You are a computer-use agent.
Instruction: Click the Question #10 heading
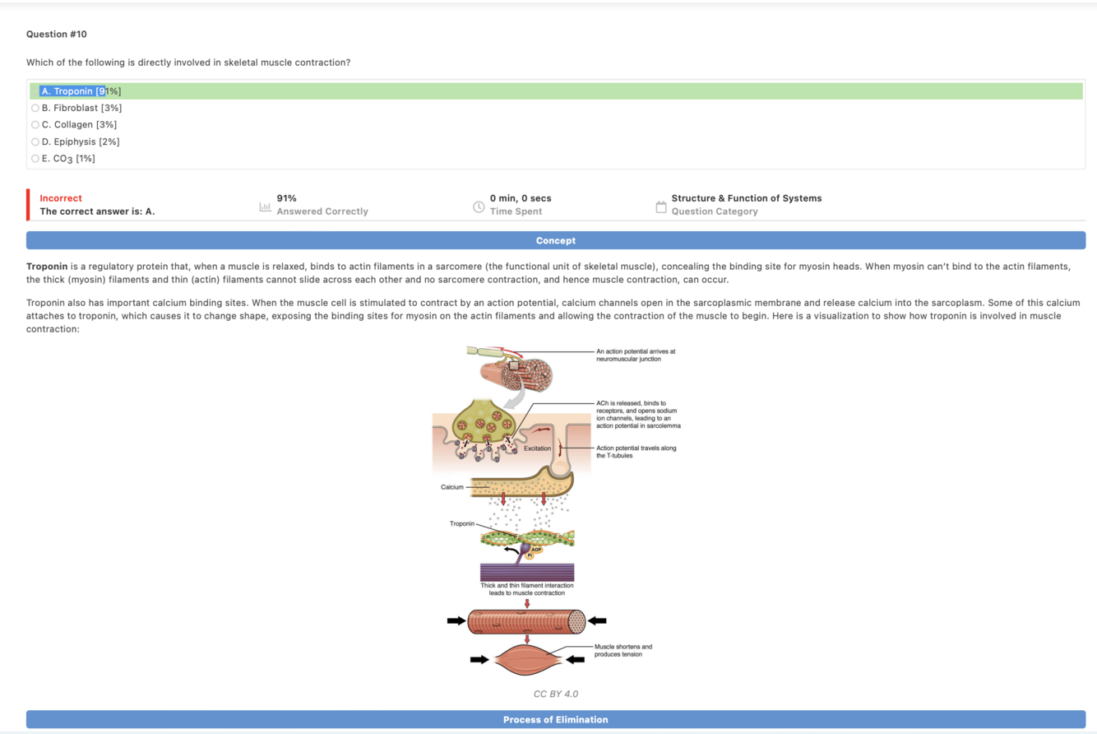(56, 34)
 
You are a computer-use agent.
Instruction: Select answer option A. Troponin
(81, 91)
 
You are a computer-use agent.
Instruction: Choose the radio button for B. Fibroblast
(35, 108)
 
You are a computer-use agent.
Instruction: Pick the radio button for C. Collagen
(35, 125)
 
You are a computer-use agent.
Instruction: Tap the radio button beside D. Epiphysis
(35, 142)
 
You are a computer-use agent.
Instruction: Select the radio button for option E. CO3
(35, 159)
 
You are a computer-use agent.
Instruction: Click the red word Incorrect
(61, 198)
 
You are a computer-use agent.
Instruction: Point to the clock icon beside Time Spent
(478, 205)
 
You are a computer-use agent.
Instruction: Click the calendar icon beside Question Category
(660, 205)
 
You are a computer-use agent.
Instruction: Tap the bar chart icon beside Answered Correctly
(265, 205)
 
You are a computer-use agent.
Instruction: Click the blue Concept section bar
(556, 240)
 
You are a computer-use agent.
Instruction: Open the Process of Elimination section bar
(556, 720)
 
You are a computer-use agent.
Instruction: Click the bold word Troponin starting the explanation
(47, 267)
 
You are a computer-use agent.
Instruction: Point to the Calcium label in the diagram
(453, 487)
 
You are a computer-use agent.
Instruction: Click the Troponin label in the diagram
(461, 523)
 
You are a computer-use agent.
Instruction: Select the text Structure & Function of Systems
(746, 198)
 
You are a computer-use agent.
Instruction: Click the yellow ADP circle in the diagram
(536, 548)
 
